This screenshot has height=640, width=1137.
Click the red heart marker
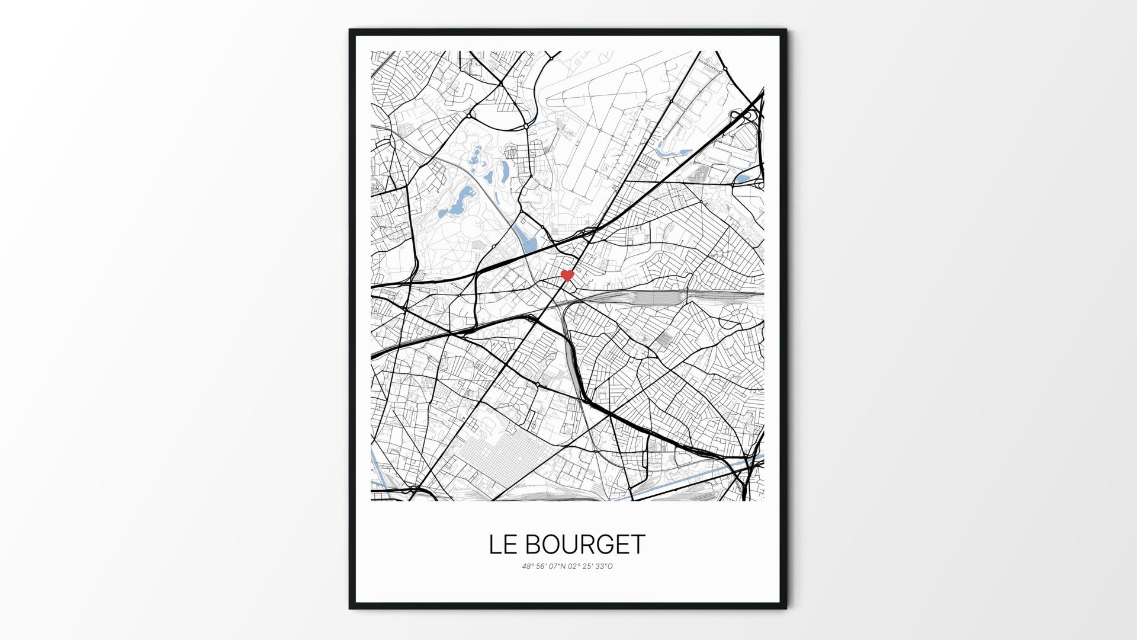[567, 275]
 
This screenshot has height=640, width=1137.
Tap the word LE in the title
[502, 545]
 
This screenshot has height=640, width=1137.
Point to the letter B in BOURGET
[533, 545]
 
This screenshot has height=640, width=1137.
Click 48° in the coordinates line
[528, 567]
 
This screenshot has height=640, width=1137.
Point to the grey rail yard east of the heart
[657, 297]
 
